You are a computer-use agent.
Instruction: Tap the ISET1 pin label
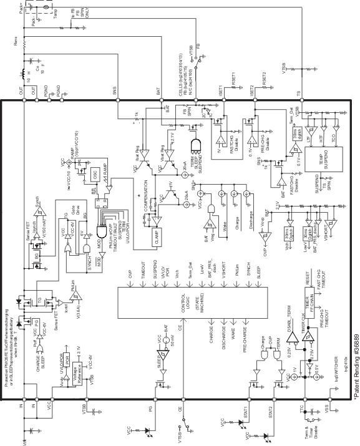(x=221, y=91)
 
